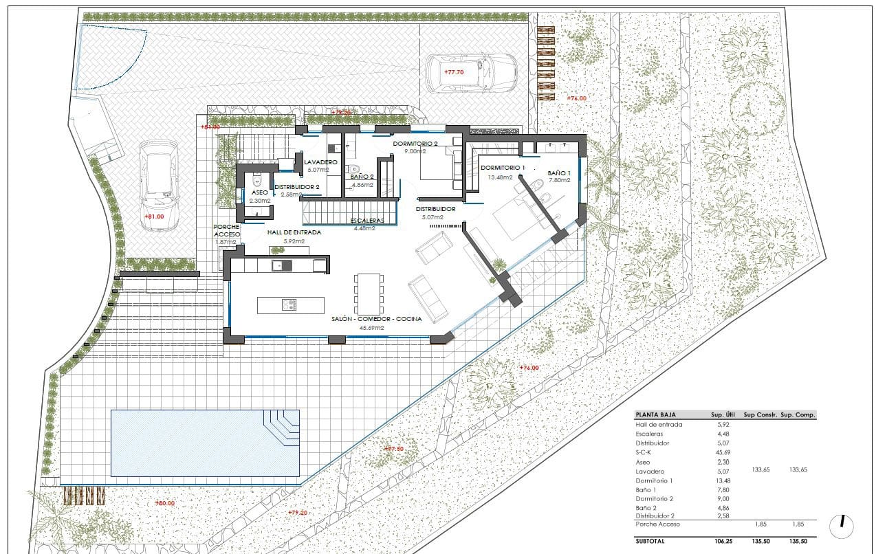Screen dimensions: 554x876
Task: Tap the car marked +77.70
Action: tap(470, 74)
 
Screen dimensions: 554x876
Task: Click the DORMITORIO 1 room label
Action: tap(503, 168)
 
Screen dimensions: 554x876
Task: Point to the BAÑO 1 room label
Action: tap(559, 173)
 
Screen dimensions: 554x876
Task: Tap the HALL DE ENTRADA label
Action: tap(294, 232)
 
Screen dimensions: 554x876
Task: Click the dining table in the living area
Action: tap(368, 293)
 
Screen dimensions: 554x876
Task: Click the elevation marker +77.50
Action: tap(393, 448)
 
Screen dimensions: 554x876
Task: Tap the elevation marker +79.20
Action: tap(297, 512)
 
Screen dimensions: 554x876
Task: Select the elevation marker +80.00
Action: tap(164, 503)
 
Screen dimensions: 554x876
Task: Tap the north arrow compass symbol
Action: tap(842, 525)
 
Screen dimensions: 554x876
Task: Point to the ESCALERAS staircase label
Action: tap(366, 221)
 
